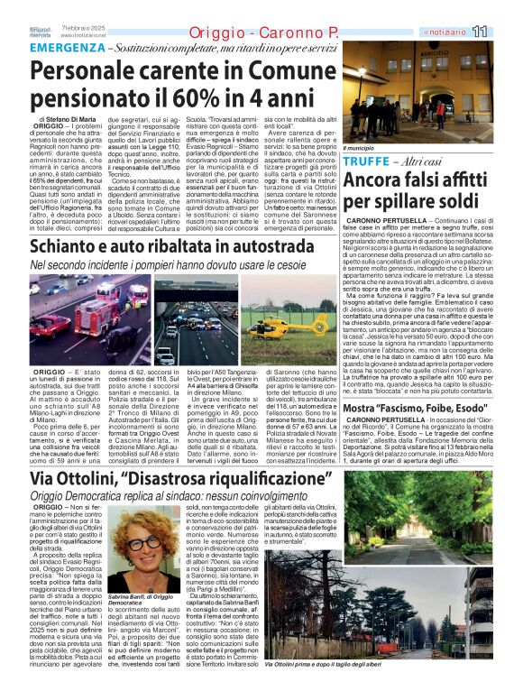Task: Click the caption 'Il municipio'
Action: (359, 146)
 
